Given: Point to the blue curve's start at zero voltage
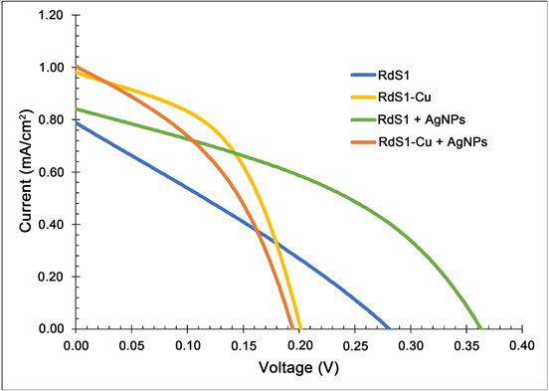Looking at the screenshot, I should click(x=77, y=123).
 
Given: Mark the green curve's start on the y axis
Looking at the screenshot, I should click(x=77, y=109).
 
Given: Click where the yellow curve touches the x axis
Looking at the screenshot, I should click(x=300, y=328).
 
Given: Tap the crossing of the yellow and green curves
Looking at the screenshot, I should click(x=236, y=154).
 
